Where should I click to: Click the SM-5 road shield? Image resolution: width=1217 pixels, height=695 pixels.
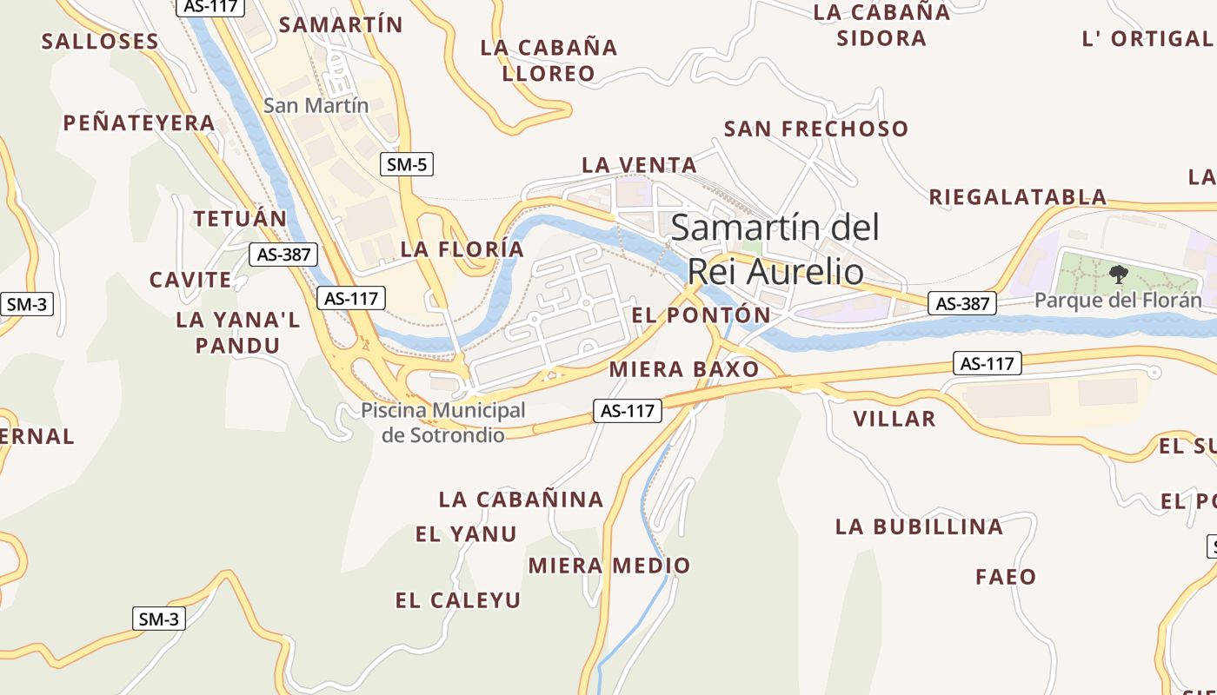(x=407, y=163)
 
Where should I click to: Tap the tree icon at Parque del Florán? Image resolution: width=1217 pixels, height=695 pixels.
(x=1118, y=275)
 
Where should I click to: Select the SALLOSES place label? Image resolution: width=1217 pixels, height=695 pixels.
(x=100, y=41)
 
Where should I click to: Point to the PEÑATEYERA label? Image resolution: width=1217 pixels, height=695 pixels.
(x=139, y=123)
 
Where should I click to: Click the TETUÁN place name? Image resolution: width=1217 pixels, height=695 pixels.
(x=240, y=218)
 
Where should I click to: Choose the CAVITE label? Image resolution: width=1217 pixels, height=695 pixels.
(x=190, y=280)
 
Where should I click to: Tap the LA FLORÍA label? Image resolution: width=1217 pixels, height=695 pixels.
(x=462, y=249)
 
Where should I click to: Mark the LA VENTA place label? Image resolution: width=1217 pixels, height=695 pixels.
(x=639, y=164)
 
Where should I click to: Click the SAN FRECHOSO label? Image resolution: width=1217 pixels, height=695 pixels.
(x=816, y=129)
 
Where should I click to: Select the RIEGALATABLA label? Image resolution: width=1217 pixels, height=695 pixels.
(x=1018, y=196)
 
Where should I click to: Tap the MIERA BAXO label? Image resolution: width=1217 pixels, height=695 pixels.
(x=684, y=369)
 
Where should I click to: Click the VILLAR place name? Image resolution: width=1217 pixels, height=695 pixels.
(x=894, y=419)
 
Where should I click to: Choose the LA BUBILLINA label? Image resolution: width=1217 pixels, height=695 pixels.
(x=919, y=526)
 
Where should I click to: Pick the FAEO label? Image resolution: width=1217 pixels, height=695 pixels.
(x=1006, y=576)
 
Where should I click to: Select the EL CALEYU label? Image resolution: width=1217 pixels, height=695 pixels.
(x=458, y=599)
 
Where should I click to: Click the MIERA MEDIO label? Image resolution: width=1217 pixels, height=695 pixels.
(x=609, y=566)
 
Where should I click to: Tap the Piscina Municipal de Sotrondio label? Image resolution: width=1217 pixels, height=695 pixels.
(x=443, y=422)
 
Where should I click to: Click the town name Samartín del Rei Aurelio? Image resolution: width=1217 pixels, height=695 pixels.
(x=775, y=249)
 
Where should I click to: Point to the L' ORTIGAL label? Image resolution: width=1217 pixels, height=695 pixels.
(x=1147, y=38)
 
